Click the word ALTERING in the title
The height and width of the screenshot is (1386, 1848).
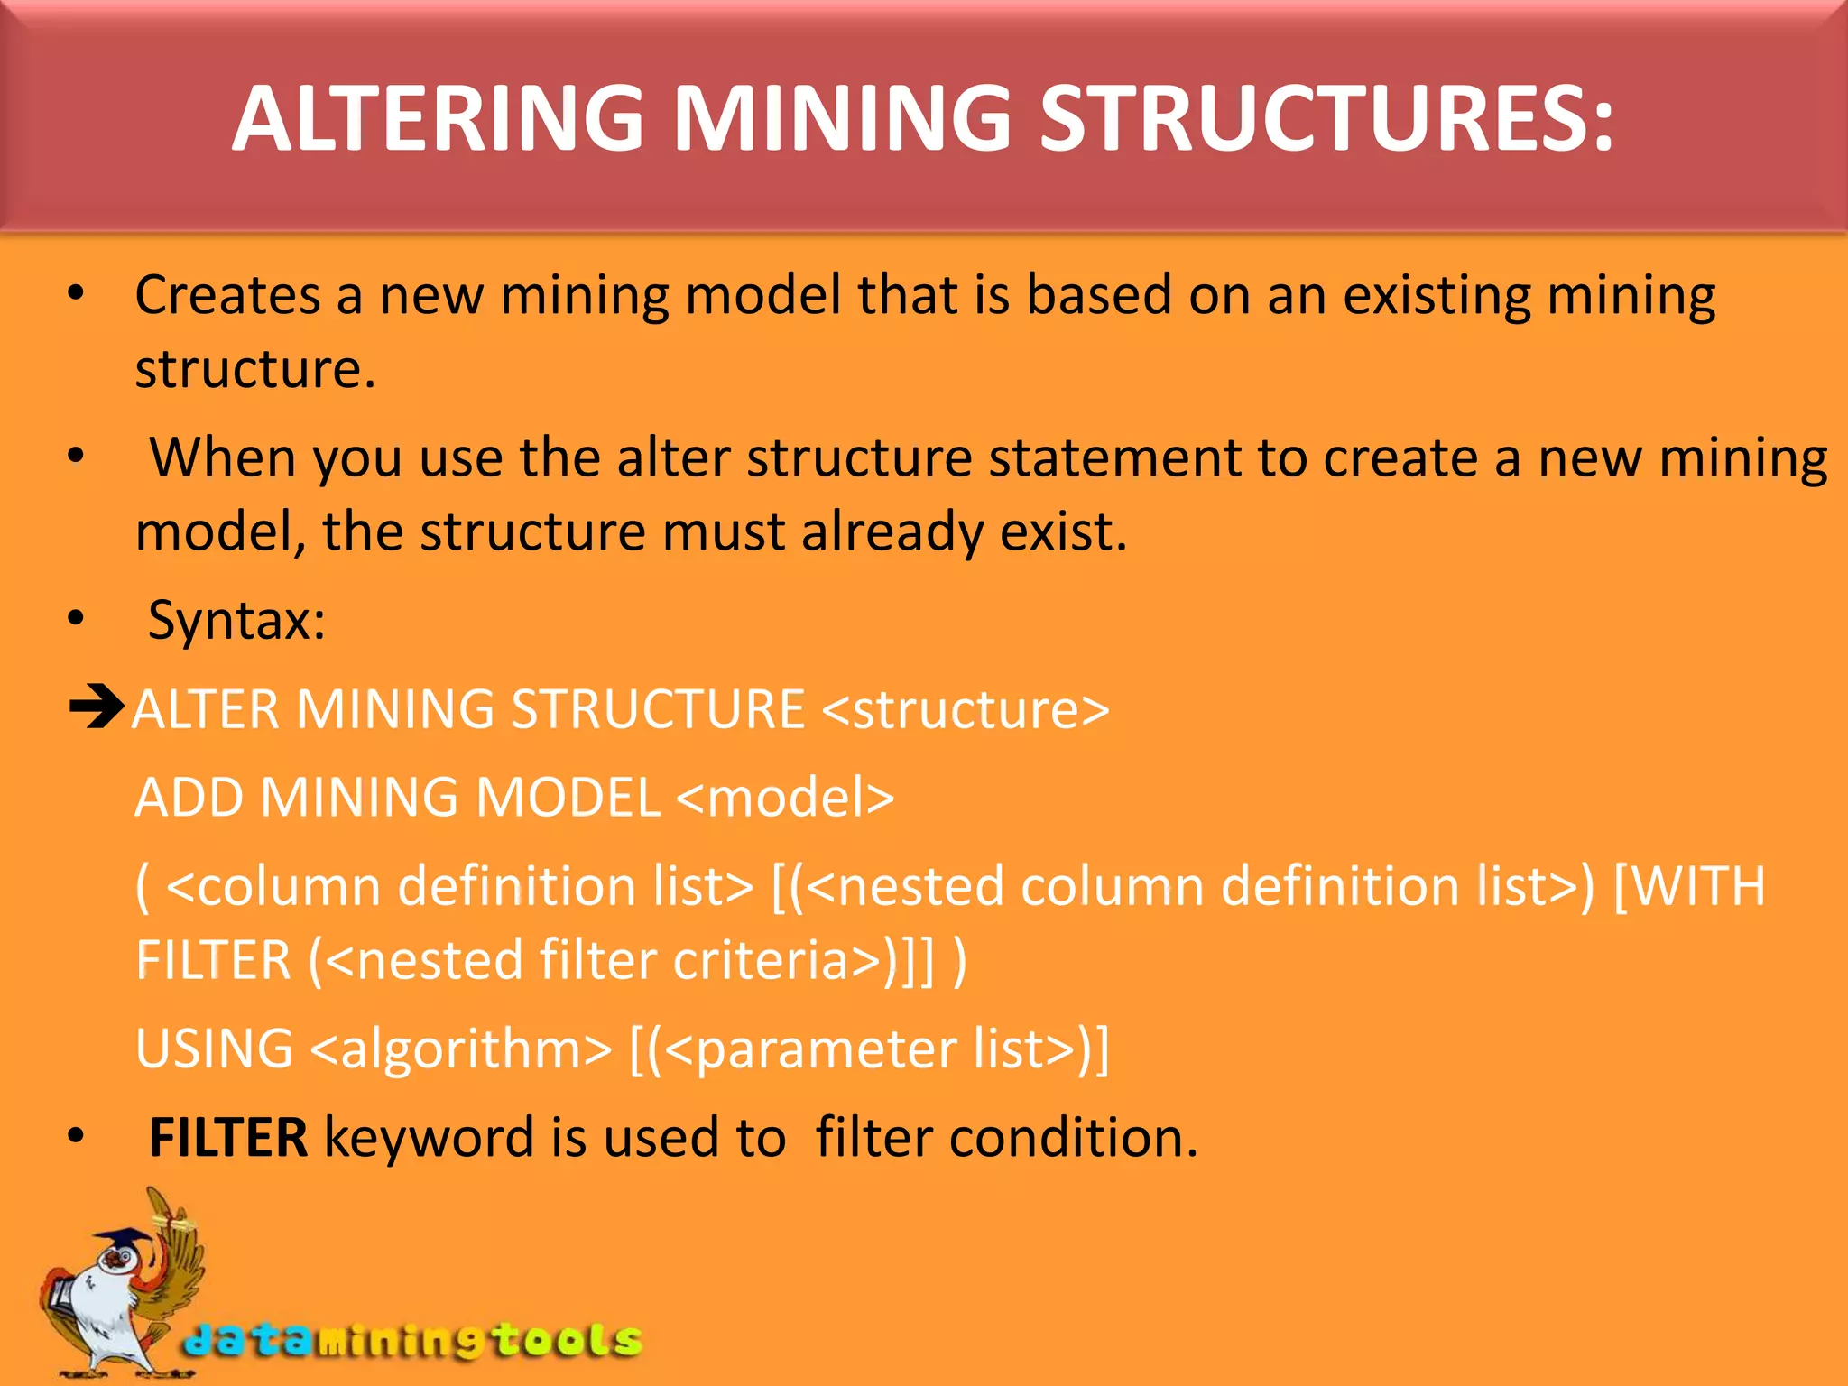coord(439,119)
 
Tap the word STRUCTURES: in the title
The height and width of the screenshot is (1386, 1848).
coord(1326,119)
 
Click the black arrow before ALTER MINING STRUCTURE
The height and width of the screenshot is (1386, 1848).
coord(97,707)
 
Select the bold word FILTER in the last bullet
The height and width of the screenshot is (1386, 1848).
coord(228,1137)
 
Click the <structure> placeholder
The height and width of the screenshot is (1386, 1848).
coord(966,709)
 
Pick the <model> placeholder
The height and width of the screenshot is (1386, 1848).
coord(784,798)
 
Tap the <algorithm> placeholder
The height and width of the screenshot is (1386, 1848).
coord(461,1049)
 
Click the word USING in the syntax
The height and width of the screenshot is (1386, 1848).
coord(214,1049)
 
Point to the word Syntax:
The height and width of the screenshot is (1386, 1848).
coord(236,621)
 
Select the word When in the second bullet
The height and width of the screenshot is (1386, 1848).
coord(222,458)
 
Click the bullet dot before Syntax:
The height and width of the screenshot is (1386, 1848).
coord(76,619)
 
